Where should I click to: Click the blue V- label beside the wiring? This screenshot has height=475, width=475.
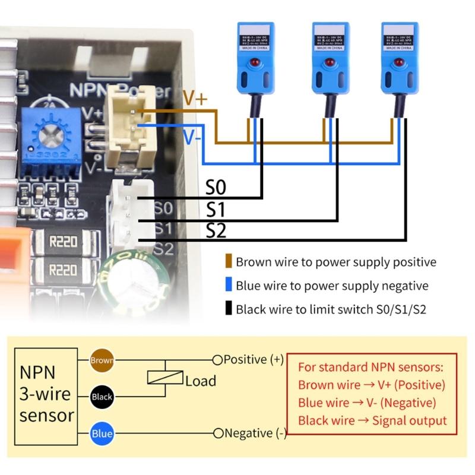(191, 138)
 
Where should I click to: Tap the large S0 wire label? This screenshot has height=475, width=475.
(216, 189)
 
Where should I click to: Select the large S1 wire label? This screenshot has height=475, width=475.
(216, 210)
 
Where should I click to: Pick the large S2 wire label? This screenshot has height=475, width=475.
(216, 231)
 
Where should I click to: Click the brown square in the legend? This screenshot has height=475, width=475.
(229, 262)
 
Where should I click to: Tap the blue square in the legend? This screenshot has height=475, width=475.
(229, 286)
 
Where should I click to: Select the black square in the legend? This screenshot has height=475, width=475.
(229, 309)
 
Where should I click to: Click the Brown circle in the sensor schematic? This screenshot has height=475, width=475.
(102, 360)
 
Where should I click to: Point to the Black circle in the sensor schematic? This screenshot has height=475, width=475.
(102, 397)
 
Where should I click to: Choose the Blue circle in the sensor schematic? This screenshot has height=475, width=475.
(102, 433)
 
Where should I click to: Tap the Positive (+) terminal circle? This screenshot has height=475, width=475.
(217, 360)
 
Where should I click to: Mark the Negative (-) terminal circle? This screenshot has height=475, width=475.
(218, 433)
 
